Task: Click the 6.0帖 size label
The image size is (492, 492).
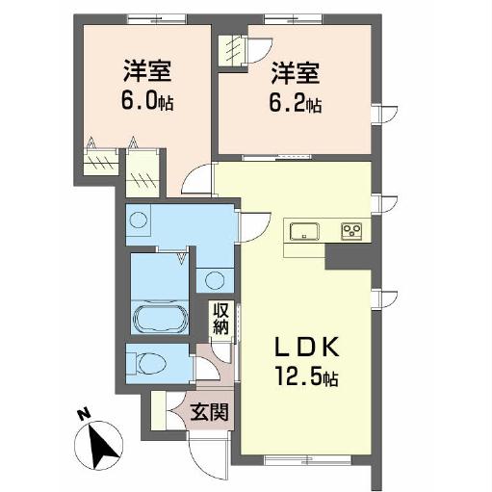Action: coord(146,100)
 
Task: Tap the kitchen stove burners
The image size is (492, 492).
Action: coord(350,230)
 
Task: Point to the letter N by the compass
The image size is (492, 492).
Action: coord(84,416)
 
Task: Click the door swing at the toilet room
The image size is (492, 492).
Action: coord(204,370)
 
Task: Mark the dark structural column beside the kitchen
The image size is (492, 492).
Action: coord(341,256)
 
